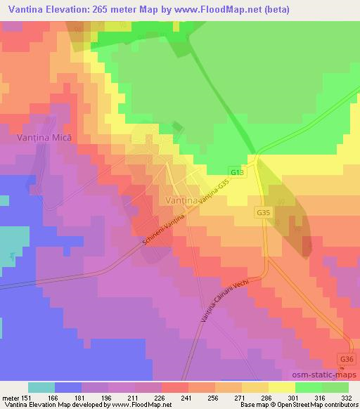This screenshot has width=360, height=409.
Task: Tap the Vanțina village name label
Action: (x=184, y=200)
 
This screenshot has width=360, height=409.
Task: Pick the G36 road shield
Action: (x=345, y=359)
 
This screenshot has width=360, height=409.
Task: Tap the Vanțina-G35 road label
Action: (x=214, y=195)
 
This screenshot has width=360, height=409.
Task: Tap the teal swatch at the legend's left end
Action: (x=41, y=387)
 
